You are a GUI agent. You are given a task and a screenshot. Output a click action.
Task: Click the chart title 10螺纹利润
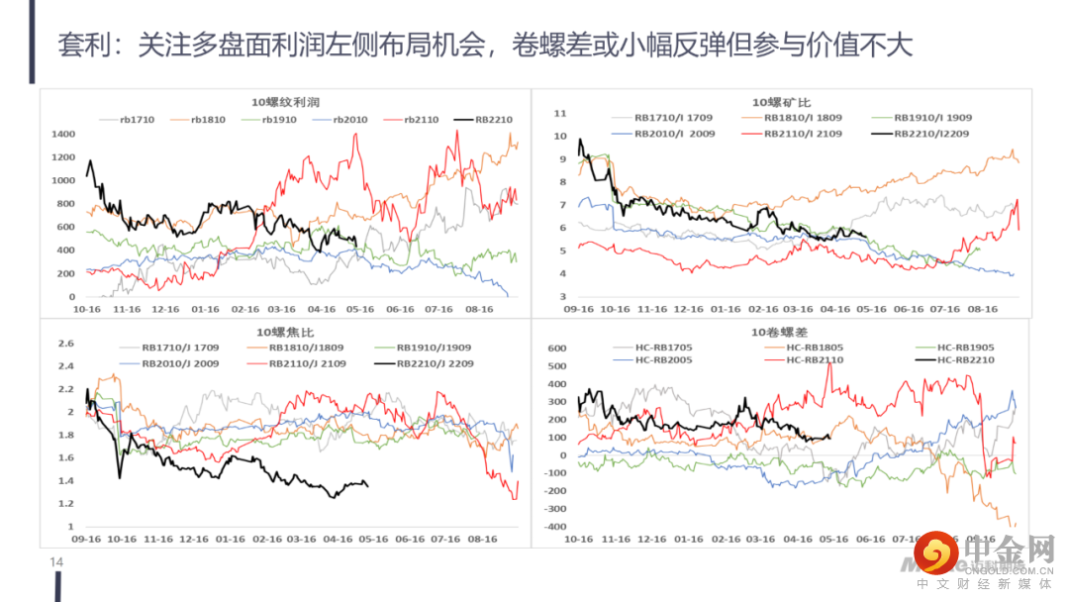[x=285, y=102]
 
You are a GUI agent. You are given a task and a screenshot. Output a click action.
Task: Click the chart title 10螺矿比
[x=782, y=102]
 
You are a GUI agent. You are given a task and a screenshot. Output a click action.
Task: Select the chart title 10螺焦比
[x=285, y=332]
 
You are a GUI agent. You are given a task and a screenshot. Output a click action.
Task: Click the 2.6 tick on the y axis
[x=66, y=344]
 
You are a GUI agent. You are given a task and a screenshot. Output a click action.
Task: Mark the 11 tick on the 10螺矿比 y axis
[x=559, y=113]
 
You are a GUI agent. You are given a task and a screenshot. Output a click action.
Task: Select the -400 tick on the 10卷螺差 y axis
[x=554, y=526]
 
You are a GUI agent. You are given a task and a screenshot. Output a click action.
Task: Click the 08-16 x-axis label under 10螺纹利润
[x=479, y=309]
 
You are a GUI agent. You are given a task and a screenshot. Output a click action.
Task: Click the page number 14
[x=56, y=562]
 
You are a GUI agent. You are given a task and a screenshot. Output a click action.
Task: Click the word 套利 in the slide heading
[x=79, y=46]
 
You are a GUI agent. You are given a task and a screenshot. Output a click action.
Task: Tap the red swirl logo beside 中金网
[x=934, y=554]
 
